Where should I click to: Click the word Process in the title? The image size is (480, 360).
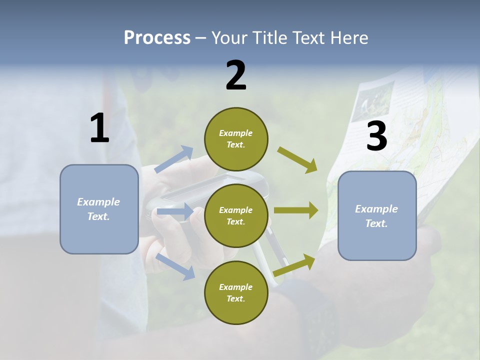(x=157, y=38)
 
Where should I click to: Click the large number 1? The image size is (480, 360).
(x=99, y=128)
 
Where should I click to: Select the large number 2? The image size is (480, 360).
(x=236, y=75)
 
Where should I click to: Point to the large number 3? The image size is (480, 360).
(x=376, y=136)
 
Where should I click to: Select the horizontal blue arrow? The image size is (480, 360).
(x=174, y=212)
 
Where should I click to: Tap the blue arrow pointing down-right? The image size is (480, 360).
(x=175, y=266)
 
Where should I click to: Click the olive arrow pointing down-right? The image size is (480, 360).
(x=297, y=159)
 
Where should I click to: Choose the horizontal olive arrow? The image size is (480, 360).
(x=296, y=210)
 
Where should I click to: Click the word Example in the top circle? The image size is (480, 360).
(x=236, y=133)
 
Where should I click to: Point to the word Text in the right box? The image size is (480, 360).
(x=376, y=223)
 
